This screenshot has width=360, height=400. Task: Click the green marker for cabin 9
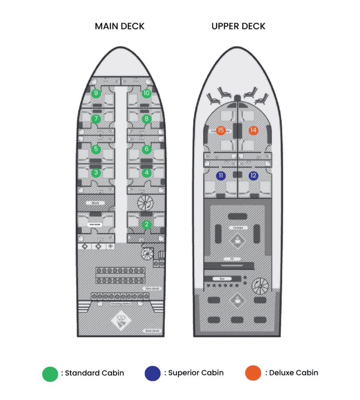click(x=96, y=93)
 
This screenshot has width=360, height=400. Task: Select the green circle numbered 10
click(x=146, y=93)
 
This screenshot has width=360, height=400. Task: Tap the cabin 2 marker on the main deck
click(x=146, y=224)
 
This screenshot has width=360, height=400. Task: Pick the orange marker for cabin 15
click(x=221, y=130)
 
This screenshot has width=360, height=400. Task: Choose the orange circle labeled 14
click(x=253, y=130)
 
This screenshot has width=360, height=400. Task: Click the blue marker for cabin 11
click(x=221, y=176)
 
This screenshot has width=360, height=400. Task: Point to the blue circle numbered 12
click(x=253, y=176)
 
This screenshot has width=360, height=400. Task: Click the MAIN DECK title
click(x=119, y=27)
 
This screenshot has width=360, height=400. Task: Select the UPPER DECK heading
click(x=238, y=27)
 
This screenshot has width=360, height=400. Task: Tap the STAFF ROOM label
click(x=96, y=225)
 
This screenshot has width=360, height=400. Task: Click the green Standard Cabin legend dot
click(x=50, y=373)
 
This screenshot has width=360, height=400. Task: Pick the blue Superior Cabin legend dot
click(x=152, y=373)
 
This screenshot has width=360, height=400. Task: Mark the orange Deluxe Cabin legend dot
click(x=253, y=373)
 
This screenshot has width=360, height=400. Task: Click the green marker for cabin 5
click(x=96, y=149)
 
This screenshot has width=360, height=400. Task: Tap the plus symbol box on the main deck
click(x=111, y=246)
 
